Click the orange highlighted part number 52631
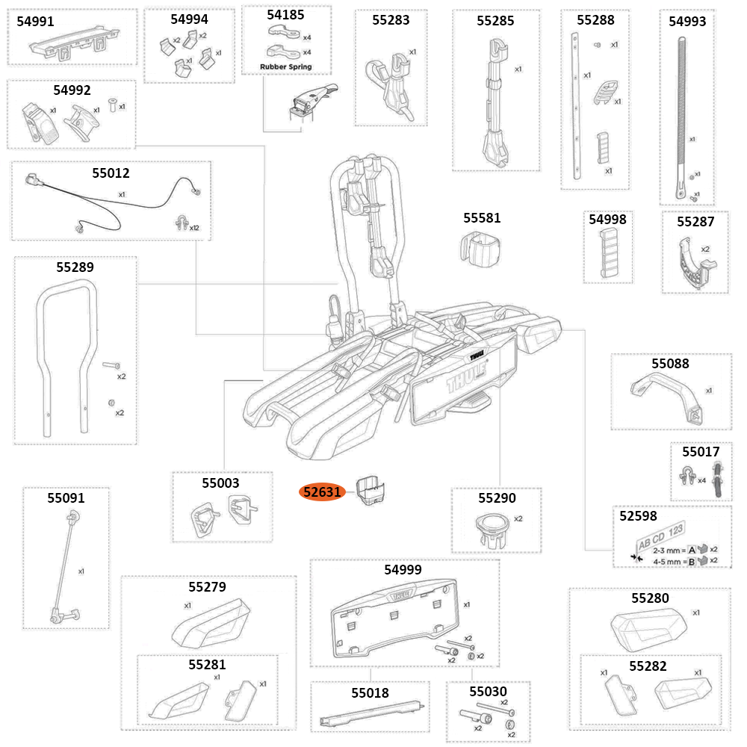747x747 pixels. (322, 492)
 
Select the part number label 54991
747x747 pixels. (36, 22)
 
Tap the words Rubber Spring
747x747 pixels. (285, 66)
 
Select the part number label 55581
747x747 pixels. (482, 218)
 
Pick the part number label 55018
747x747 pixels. (371, 692)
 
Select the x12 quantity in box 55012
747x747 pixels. (193, 227)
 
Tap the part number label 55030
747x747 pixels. (489, 692)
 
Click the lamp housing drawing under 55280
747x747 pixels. (648, 629)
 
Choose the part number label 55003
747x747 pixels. (220, 483)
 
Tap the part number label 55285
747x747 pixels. (495, 21)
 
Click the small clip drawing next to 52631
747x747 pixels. (373, 491)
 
